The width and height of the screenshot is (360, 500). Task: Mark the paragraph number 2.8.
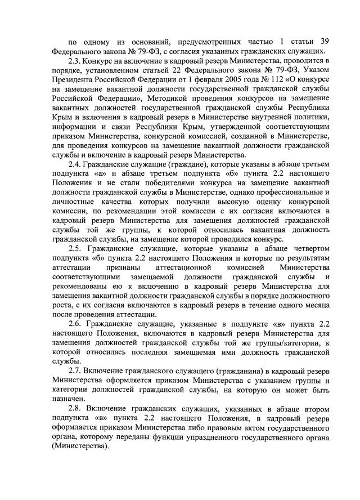[75, 408]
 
